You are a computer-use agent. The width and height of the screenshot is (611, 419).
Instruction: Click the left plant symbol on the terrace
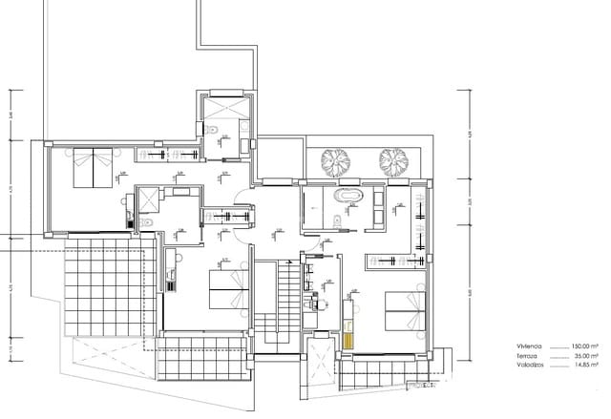tap(335, 161)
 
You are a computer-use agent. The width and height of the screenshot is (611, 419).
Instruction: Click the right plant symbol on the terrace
tap(393, 161)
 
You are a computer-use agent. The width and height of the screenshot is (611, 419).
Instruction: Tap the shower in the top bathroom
tap(225, 106)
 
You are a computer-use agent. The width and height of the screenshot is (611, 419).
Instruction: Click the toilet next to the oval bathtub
tap(337, 222)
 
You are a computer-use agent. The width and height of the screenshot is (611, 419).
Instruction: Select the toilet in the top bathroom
tap(219, 130)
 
